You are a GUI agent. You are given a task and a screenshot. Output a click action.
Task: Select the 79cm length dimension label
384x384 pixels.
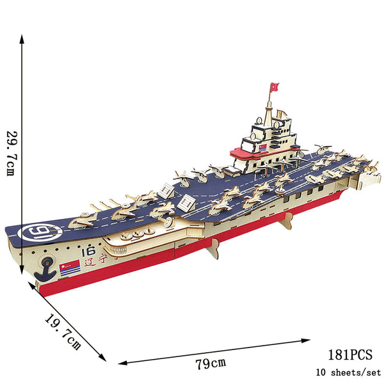click(211, 364)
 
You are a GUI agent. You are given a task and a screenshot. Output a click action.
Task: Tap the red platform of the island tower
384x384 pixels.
click(253, 154)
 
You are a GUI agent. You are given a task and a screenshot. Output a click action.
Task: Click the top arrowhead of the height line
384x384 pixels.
click(23, 38)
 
